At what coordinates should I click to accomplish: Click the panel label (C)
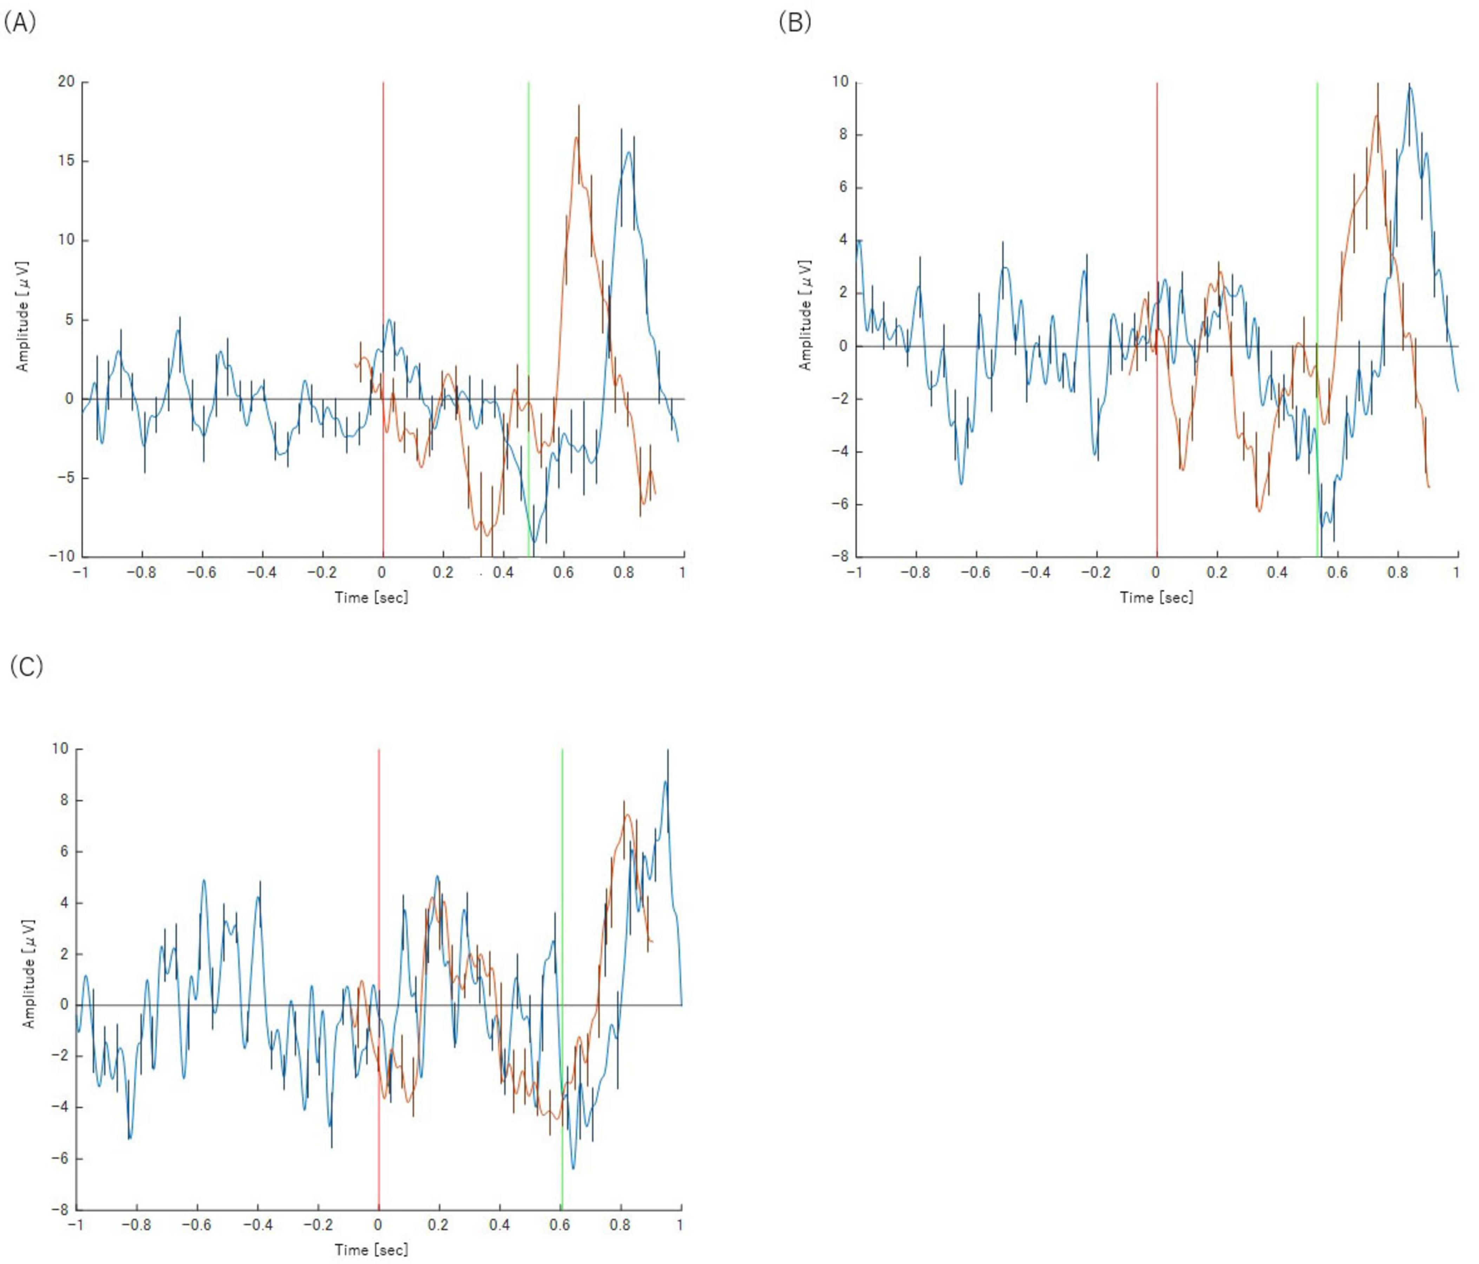(x=26, y=667)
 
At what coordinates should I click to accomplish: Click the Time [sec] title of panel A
(x=371, y=597)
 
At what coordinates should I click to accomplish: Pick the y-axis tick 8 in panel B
(x=844, y=135)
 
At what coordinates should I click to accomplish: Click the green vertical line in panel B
(x=1317, y=214)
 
